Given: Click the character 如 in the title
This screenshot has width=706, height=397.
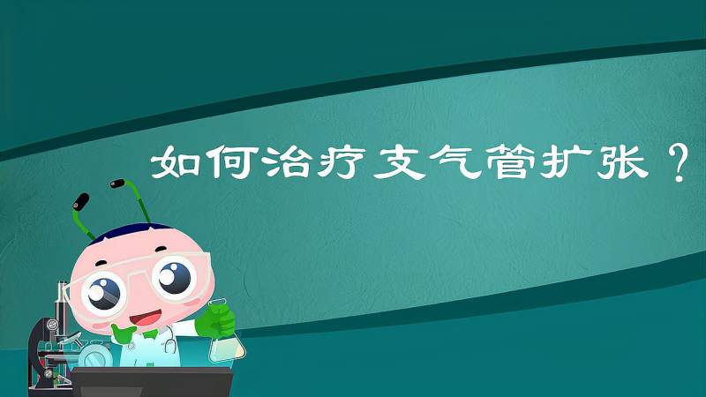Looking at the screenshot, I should tap(173, 162).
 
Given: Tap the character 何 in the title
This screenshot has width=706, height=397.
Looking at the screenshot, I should tap(226, 162).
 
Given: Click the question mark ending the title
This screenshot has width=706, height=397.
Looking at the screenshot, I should tap(678, 164).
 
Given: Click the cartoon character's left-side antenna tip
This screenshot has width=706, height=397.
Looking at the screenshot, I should tap(81, 198).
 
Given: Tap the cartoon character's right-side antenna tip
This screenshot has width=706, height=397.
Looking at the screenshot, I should tap(117, 186).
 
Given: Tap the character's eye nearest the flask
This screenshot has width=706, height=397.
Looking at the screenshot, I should tap(174, 276).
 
